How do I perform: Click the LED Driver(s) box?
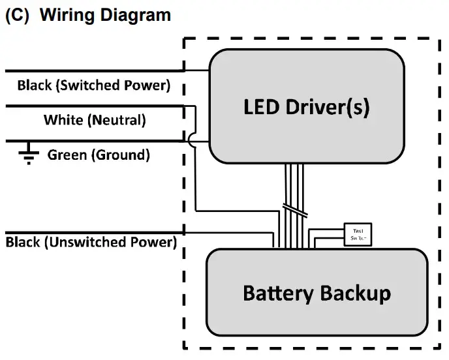[x=306, y=106]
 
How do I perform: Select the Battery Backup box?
[x=317, y=292]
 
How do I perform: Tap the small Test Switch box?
[x=358, y=234]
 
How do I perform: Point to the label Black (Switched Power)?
[x=93, y=85]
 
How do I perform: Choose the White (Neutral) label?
[x=95, y=120]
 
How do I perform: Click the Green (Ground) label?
[x=99, y=155]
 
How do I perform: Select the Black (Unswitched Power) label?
[x=91, y=242]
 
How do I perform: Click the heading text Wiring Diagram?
[x=106, y=15]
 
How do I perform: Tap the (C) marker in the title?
[x=18, y=15]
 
